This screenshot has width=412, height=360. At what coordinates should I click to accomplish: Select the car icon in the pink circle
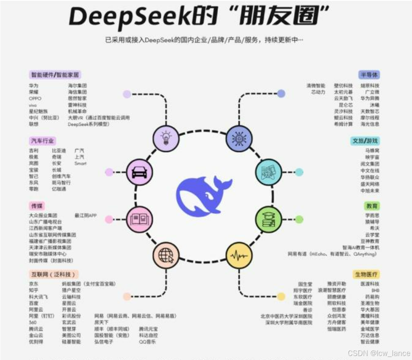tap(139, 171)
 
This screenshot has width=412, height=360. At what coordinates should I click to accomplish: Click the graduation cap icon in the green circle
tap(268, 218)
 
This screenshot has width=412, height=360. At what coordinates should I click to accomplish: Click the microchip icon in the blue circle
tap(239, 139)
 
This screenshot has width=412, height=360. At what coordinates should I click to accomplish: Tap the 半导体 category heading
tap(369, 75)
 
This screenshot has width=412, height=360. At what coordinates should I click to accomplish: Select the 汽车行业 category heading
tap(42, 141)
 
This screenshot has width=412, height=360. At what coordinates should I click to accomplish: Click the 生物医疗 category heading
tap(366, 274)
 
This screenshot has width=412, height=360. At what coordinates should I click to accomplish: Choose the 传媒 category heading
tap(37, 206)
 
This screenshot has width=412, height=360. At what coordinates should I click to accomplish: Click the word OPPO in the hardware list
tap(35, 98)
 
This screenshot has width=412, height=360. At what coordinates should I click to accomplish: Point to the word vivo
tap(33, 105)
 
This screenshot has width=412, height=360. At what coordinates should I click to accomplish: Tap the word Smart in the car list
tap(80, 163)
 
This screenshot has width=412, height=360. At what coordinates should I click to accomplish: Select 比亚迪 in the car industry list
tap(58, 151)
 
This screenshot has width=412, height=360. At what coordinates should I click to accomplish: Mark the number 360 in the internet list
tap(32, 322)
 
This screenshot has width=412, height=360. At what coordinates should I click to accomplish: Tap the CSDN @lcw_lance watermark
tap(379, 353)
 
